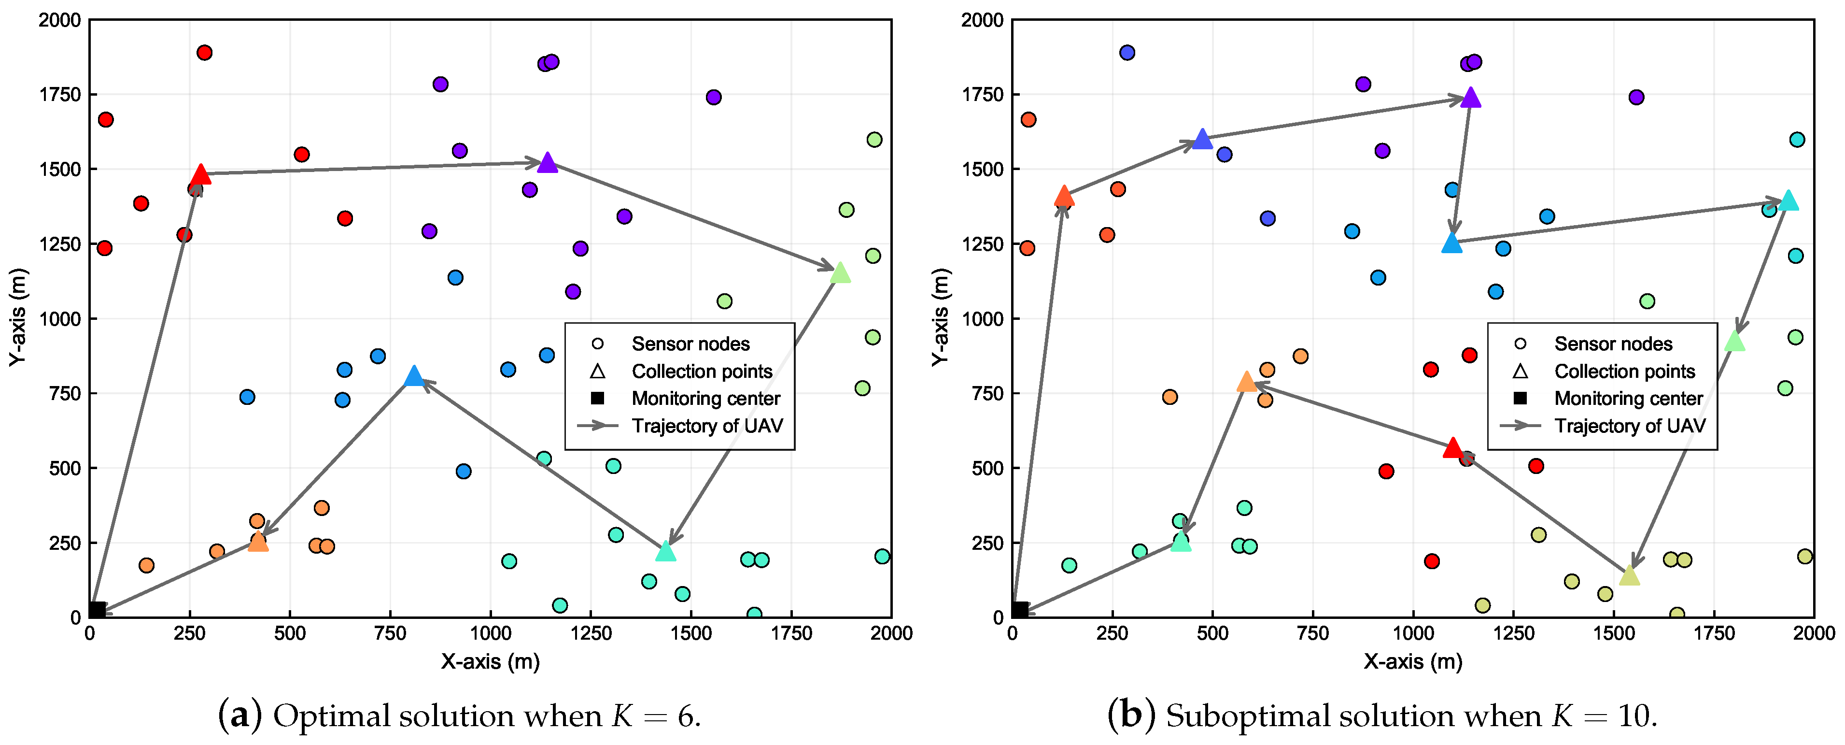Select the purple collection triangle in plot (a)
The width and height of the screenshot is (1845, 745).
(x=547, y=163)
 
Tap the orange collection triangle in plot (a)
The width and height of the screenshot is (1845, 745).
(x=258, y=542)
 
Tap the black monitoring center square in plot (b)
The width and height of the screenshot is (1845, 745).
(x=1020, y=610)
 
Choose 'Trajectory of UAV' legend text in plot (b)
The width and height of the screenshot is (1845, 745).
(x=1630, y=426)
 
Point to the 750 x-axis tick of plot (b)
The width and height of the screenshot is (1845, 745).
(x=1313, y=633)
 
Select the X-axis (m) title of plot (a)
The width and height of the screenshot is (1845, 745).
(x=490, y=661)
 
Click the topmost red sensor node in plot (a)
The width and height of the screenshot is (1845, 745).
(x=204, y=52)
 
